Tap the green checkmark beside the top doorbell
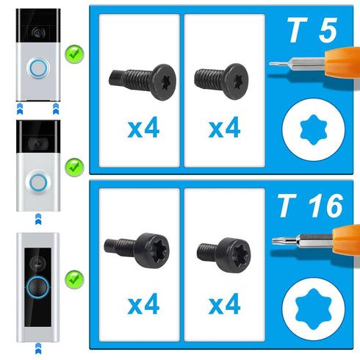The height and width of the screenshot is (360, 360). point(73,53)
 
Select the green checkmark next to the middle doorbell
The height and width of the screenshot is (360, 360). point(73,166)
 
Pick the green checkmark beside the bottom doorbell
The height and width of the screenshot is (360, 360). point(73,278)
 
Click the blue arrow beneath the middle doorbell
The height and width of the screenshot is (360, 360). point(36,218)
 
